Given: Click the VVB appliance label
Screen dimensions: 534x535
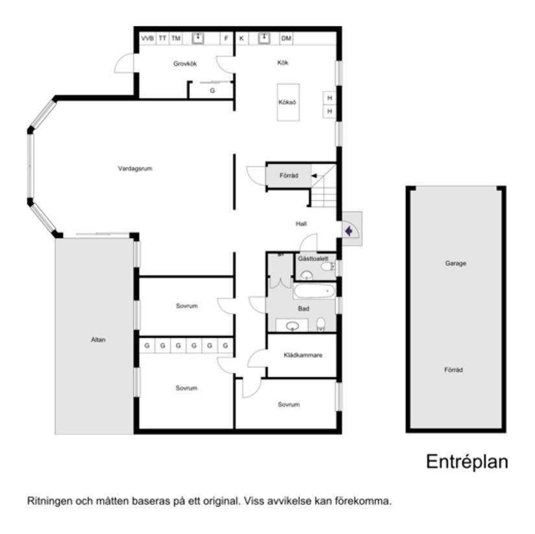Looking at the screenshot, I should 147,39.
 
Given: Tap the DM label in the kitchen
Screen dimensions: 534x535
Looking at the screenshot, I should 286,39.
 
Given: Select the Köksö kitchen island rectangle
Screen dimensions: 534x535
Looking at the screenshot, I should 288,102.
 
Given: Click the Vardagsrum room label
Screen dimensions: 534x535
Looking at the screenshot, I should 135,169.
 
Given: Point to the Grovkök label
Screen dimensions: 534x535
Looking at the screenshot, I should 185,64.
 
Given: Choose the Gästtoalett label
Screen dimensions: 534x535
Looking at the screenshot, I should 313,258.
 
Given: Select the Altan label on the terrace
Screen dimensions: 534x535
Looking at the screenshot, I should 98,339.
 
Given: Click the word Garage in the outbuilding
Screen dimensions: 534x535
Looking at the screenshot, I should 456,263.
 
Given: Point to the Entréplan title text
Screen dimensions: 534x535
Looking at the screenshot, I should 466,462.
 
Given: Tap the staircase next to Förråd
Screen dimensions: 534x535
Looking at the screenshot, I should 323,186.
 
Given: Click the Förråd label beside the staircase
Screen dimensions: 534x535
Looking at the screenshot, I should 289,176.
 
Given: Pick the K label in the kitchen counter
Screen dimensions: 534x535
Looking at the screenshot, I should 241,39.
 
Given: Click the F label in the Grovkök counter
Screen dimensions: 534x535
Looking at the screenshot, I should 226,39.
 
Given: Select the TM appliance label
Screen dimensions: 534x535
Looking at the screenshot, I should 176,39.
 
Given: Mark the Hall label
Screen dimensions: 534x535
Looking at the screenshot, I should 301,224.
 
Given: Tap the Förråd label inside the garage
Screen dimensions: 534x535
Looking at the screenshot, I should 454,370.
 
